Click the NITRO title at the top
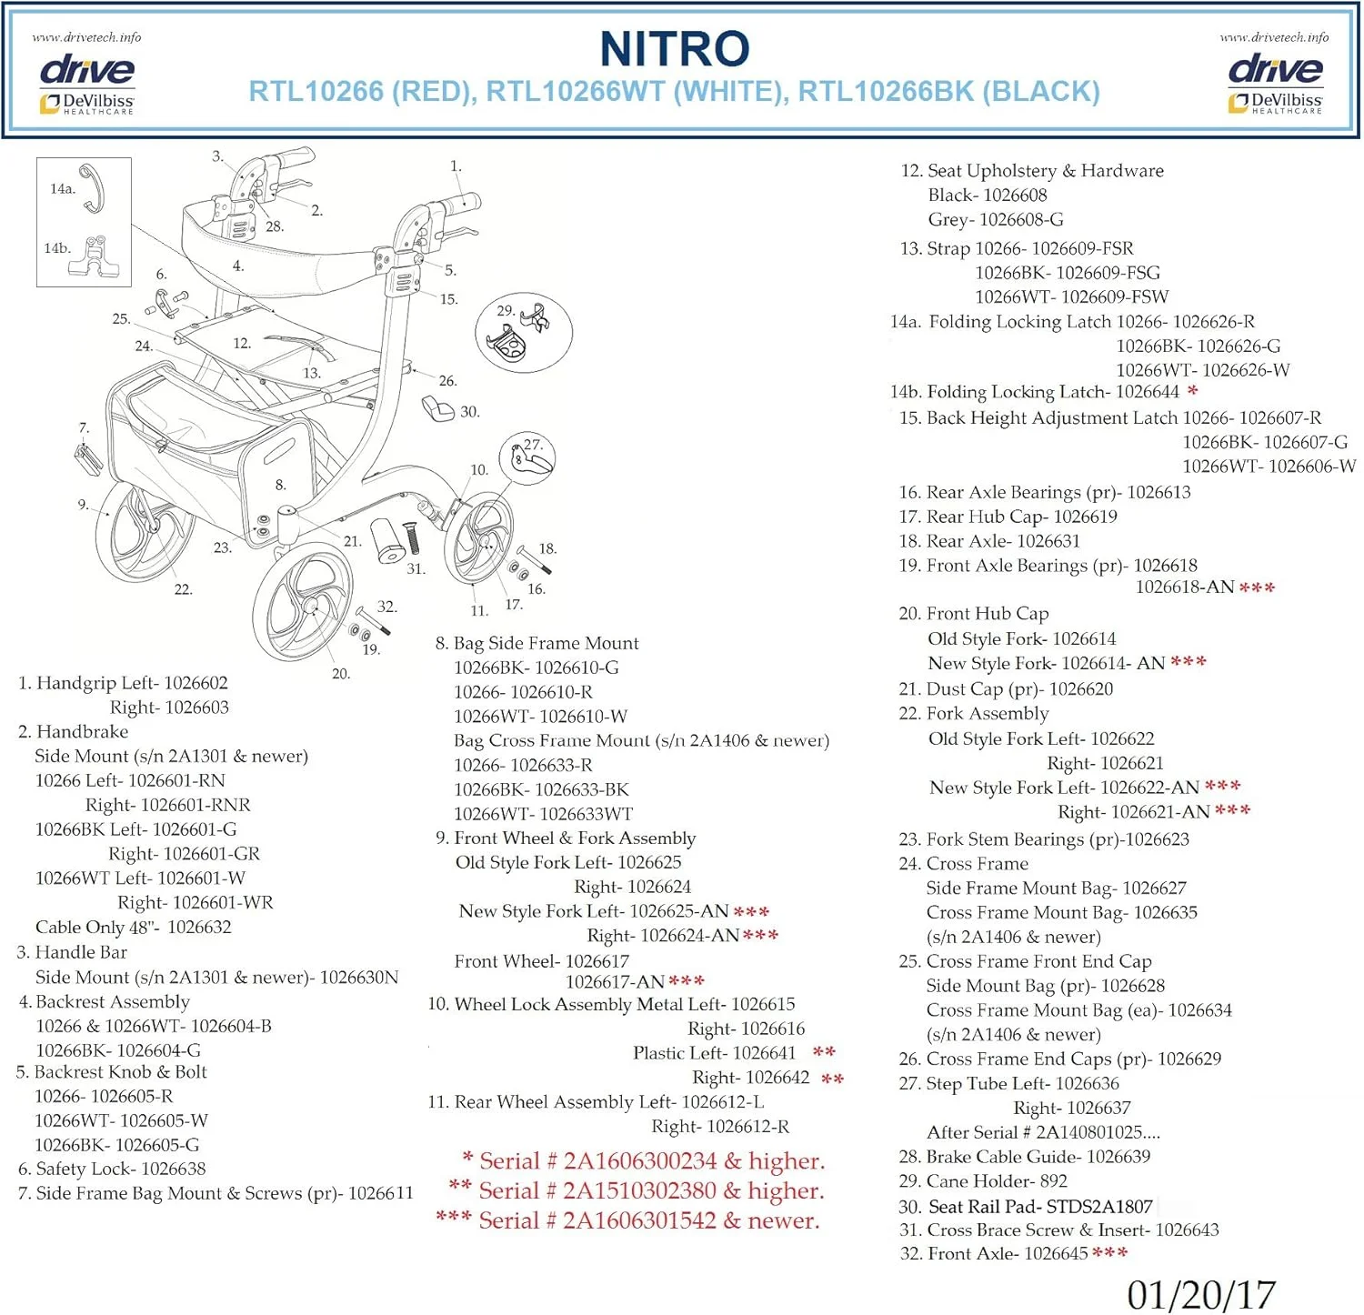pyautogui.click(x=675, y=49)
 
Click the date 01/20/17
pyautogui.click(x=1201, y=1294)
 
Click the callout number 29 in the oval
pyautogui.click(x=506, y=310)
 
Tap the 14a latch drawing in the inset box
pyautogui.click(x=92, y=188)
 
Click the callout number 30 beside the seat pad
pyautogui.click(x=469, y=412)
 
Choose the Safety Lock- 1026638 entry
pyautogui.click(x=112, y=1169)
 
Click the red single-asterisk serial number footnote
pyautogui.click(x=643, y=1161)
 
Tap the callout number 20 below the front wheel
pyautogui.click(x=341, y=674)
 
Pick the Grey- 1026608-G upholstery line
pyautogui.click(x=996, y=219)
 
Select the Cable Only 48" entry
pyautogui.click(x=134, y=928)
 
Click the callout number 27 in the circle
pyautogui.click(x=532, y=446)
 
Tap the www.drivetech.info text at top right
pyautogui.click(x=1274, y=37)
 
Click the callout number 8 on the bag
pyautogui.click(x=280, y=486)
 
